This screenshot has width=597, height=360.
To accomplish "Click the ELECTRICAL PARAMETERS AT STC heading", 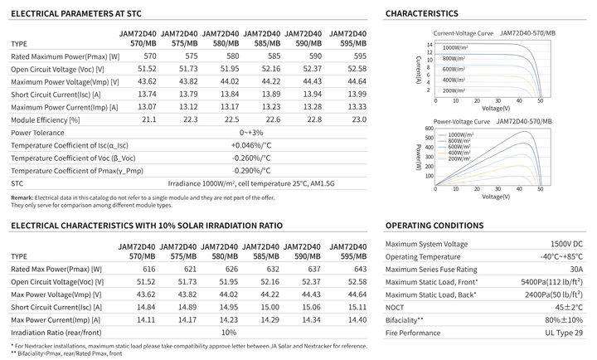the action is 76,14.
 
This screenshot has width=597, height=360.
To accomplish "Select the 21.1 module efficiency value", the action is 149,119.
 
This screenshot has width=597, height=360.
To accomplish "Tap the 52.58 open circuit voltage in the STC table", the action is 357,69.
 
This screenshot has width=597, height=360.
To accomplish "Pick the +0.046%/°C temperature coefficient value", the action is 251,145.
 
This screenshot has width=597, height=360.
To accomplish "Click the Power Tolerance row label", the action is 37,133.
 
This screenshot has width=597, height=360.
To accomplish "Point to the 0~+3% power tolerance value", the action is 251,133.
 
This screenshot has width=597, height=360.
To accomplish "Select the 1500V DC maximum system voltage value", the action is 566,244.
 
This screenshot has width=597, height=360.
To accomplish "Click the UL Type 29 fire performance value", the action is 564,333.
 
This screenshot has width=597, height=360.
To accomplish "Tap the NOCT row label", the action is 395,308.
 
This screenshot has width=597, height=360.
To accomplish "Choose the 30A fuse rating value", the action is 576,270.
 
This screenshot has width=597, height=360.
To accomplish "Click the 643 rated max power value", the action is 360,269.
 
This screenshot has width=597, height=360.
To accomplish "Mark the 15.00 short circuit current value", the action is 270,307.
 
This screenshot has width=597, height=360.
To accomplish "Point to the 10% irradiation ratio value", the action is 229,333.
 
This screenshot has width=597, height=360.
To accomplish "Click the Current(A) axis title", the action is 419,70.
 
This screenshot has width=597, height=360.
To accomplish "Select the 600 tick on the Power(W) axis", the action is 430,129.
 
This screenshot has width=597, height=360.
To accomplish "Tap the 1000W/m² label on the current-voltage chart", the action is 455,48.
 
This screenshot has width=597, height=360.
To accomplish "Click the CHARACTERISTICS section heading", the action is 422,14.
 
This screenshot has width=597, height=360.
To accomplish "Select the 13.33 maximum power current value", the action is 357,107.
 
